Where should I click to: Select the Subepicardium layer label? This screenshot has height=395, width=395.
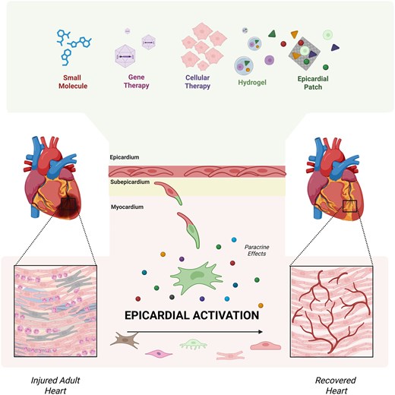pos(128,183)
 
